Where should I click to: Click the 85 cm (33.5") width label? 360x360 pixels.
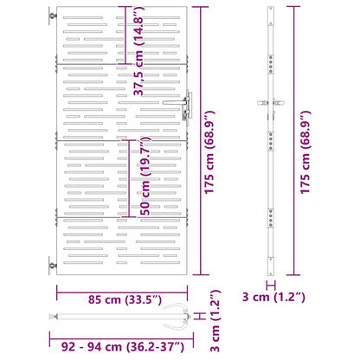pos(125,299)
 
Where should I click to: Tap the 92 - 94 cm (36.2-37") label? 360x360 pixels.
pos(123,346)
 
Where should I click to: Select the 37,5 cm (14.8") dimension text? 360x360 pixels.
pos(138,51)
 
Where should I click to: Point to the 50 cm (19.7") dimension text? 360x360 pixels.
pos(145,176)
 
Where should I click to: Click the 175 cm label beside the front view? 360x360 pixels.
pos(209,152)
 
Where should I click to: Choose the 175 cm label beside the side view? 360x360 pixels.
pos(305,152)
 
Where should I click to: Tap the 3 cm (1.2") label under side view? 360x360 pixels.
pos(273,297)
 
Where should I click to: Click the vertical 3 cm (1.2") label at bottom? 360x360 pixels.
pos(215,321)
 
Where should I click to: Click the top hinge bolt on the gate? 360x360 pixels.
pos(53,16)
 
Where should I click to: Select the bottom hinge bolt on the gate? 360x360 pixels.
pos(53,266)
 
